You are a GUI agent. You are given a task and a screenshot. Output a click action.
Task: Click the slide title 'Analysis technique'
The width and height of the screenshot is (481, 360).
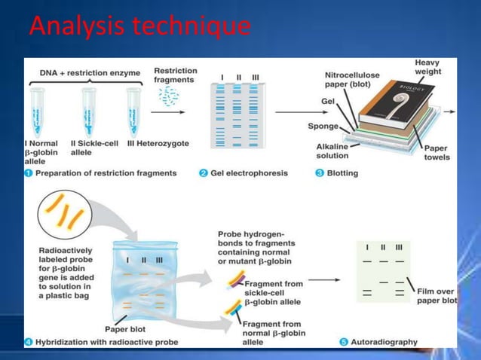point(139,27)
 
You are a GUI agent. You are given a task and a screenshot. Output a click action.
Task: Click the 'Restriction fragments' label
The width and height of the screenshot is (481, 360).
point(176,75)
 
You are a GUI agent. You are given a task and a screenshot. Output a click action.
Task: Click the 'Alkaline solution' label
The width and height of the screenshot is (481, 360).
point(332,151)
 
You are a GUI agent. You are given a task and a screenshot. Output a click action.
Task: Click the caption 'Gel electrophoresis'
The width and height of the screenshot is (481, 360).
point(248,173)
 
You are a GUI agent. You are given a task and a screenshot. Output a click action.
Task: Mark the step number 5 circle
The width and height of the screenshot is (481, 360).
point(344,341)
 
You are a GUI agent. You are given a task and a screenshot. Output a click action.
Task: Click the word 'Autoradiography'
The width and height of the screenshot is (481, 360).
point(384,341)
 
